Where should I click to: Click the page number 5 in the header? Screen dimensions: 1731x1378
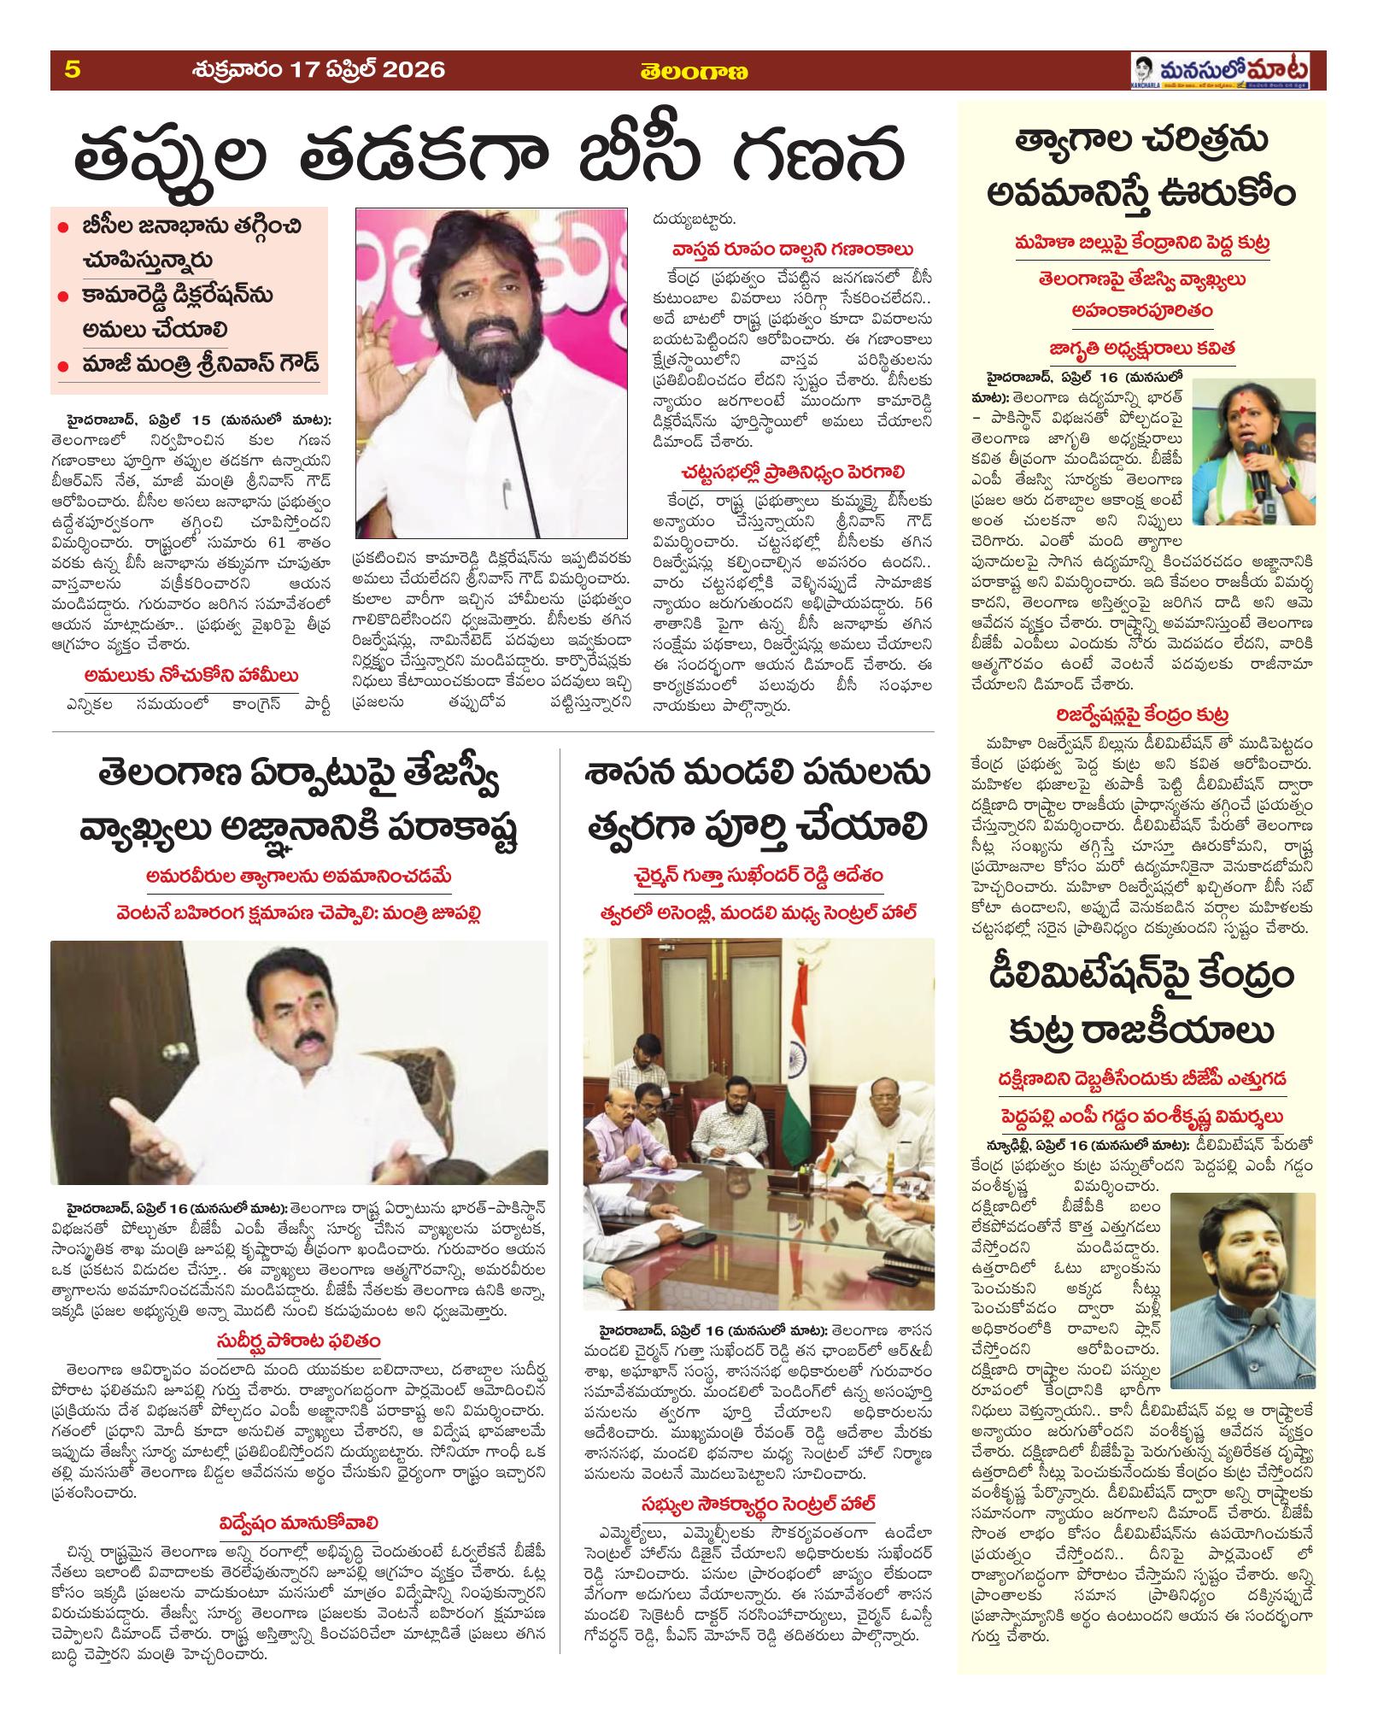tap(72, 69)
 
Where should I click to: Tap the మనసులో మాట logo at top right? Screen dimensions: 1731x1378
tap(1227, 70)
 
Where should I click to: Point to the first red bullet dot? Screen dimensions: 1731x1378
tap(63, 228)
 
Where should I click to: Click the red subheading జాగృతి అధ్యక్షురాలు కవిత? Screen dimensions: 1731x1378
tap(1139, 349)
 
